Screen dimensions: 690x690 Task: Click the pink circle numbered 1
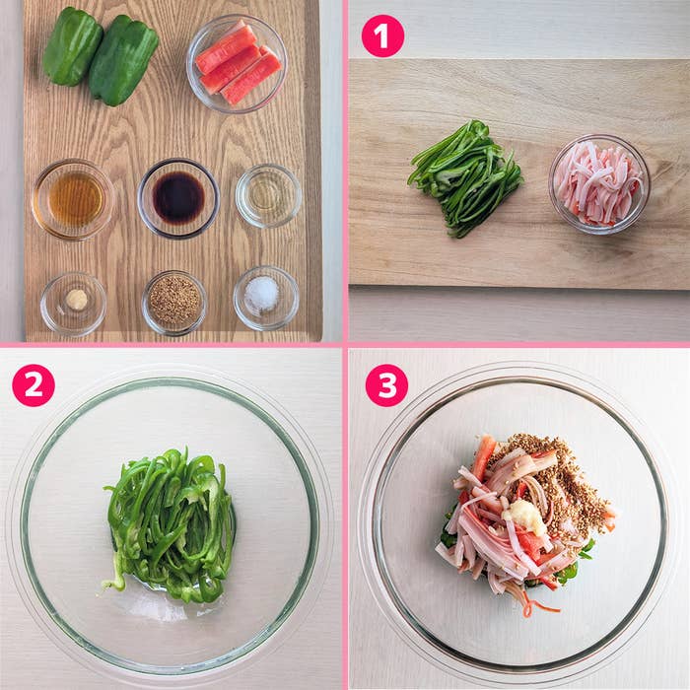(x=382, y=35)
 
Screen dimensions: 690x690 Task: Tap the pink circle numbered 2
(x=34, y=384)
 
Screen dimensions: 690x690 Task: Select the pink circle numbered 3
(x=386, y=384)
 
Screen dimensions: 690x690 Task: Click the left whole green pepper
(x=72, y=46)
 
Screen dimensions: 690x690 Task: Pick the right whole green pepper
(x=123, y=60)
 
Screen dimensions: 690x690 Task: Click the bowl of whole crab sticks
(x=237, y=64)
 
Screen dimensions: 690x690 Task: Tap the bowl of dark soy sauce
(x=178, y=198)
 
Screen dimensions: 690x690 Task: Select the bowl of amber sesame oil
(x=74, y=199)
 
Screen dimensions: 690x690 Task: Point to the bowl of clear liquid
(x=268, y=195)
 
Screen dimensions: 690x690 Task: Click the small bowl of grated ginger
(x=73, y=304)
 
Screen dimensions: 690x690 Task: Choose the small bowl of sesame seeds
(x=174, y=303)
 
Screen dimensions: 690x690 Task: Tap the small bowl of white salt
(x=266, y=298)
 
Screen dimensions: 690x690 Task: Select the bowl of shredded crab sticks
(x=599, y=184)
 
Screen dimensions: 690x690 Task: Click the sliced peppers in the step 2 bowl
(x=170, y=524)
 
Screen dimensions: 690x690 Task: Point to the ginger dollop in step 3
(x=523, y=517)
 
